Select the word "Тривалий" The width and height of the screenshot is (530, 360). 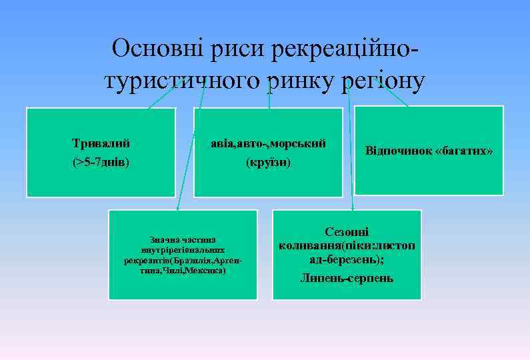[x=101, y=143]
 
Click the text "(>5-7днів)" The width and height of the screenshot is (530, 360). [x=101, y=162]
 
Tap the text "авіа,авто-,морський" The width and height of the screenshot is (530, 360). [x=268, y=143]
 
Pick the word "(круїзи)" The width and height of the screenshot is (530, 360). [x=268, y=162]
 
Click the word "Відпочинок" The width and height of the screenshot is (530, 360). [x=397, y=151]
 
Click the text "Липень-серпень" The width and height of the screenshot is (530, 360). [x=347, y=277]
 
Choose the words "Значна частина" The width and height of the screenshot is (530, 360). [x=183, y=239]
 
